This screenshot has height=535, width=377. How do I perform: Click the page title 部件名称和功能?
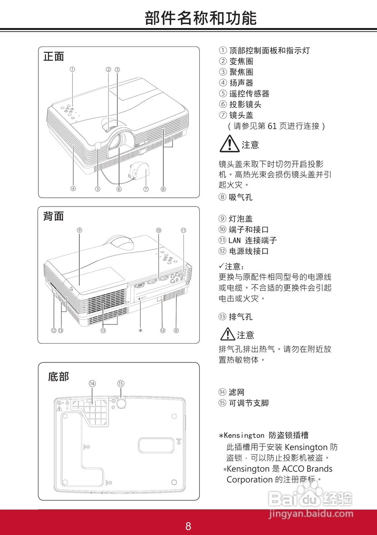click(x=201, y=18)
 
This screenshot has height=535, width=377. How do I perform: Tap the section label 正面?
click(x=53, y=56)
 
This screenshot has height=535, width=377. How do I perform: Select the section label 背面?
click(x=53, y=216)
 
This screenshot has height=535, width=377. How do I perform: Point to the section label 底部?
click(x=58, y=377)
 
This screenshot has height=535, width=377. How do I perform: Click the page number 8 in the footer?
click(x=188, y=526)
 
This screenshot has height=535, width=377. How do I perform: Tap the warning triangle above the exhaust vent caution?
click(x=228, y=334)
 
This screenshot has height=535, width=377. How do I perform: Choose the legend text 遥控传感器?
click(x=249, y=94)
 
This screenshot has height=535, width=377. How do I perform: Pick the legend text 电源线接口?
click(x=249, y=251)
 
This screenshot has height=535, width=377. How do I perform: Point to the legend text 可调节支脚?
click(x=249, y=403)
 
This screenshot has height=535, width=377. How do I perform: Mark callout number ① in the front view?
click(x=72, y=69)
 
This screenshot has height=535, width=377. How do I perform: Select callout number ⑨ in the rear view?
click(x=79, y=229)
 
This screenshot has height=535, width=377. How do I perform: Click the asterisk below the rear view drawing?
click(x=140, y=330)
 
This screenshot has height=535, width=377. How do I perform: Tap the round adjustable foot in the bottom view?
click(x=121, y=403)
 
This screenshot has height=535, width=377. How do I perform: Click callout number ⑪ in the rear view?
click(x=183, y=230)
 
